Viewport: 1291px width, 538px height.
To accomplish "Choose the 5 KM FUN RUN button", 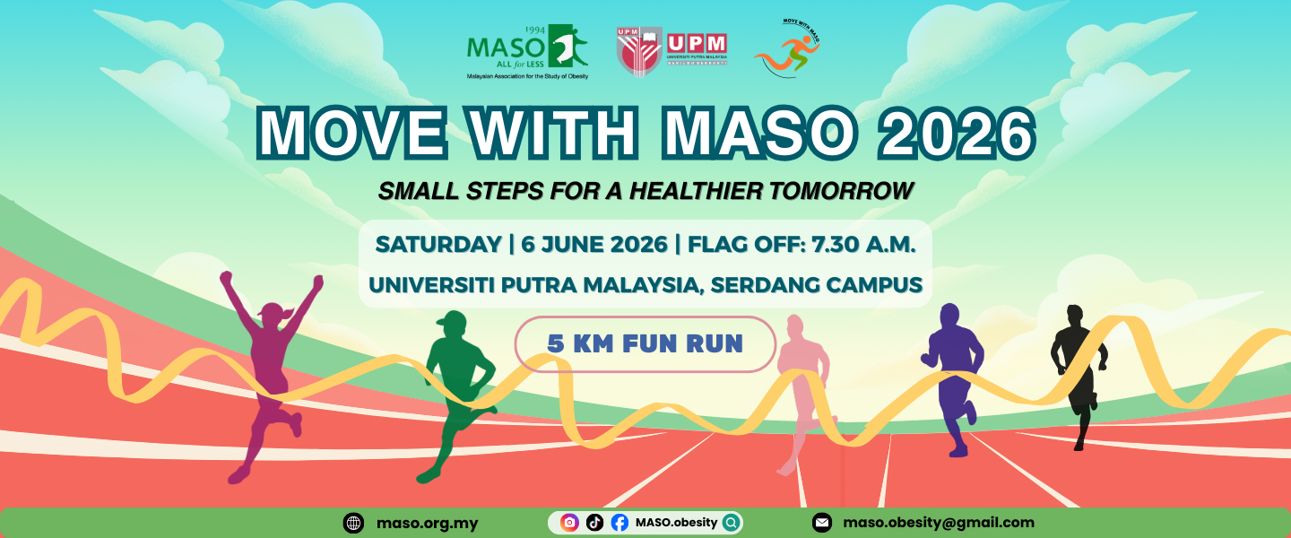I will point(645,343).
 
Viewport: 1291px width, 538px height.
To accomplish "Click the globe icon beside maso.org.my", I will point(353,523).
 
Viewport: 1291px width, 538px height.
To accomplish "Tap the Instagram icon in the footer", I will point(569,522).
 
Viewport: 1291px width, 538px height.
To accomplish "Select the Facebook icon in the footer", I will point(620,522).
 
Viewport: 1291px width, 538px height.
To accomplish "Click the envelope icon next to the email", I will point(821,523).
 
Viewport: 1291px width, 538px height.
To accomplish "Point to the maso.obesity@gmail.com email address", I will point(937,522).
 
